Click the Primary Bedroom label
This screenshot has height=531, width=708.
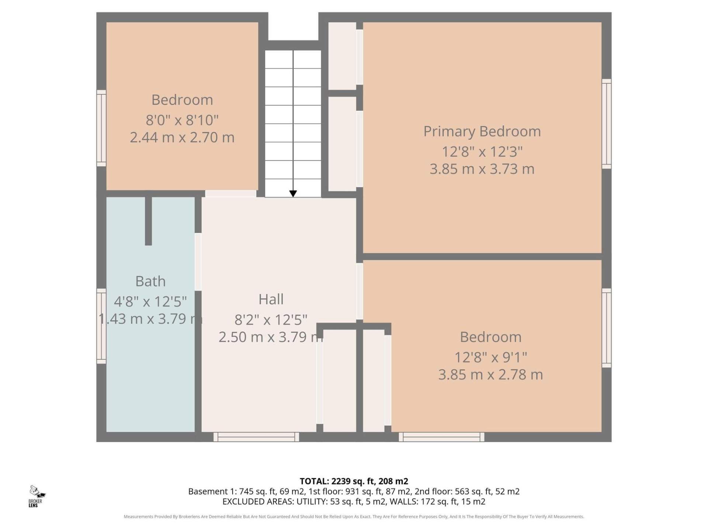pos(482,132)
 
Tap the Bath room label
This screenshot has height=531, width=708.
pos(150,281)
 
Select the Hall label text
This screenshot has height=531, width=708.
pos(271,299)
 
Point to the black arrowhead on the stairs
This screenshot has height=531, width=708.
pos(293,194)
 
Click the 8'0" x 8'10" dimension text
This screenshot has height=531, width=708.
pos(182,120)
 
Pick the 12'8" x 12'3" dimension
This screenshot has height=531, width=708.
pos(482,152)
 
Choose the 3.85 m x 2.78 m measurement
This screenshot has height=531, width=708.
pos(490,375)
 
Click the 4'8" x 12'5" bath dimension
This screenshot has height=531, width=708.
pos(150,302)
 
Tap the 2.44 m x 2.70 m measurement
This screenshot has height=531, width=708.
pos(182,138)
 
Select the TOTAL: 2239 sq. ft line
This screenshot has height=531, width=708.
pos(354,481)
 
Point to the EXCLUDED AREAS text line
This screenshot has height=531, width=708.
pos(354,502)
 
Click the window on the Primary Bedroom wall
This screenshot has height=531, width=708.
pos(607,124)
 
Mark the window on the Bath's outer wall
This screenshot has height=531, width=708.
pos(101,326)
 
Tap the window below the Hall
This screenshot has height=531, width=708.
pos(256,437)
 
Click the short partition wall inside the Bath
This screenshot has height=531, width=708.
pos(148,219)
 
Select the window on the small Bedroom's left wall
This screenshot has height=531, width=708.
pos(101,128)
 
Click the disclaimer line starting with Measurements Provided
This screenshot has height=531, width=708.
pos(354,517)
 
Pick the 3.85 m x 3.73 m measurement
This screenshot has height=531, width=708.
pos(482,169)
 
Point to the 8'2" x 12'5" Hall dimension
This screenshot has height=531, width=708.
pos(271,320)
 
